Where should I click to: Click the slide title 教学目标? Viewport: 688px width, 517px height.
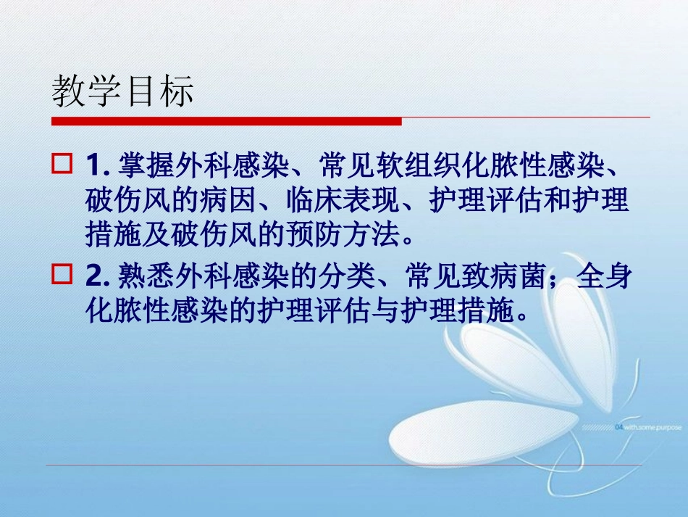click(122, 93)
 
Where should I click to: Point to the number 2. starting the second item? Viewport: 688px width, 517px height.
click(96, 276)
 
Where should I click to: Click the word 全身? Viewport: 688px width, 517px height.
click(605, 276)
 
